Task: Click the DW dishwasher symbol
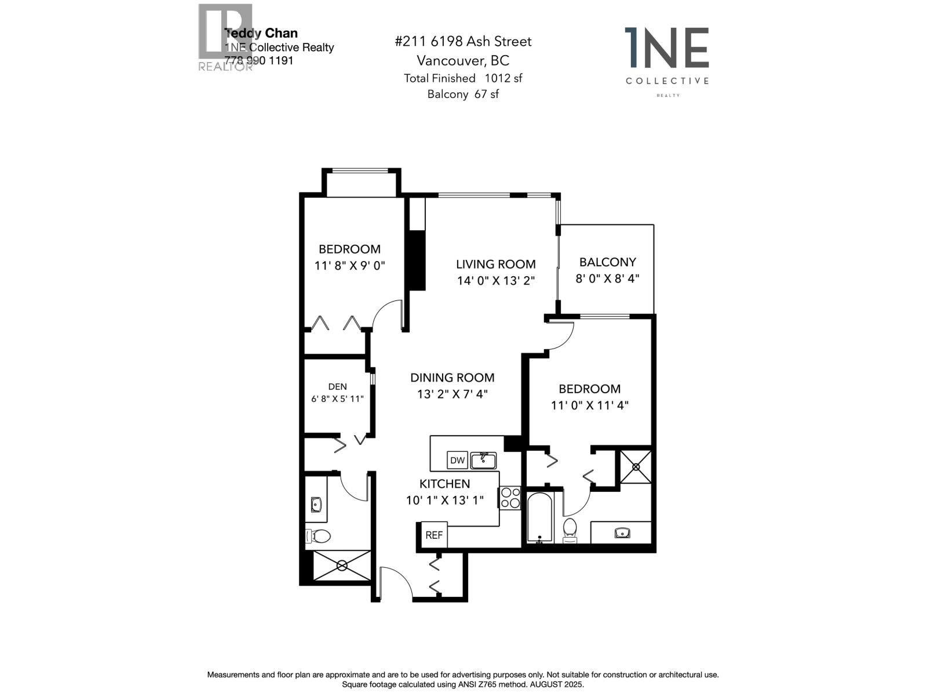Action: (457, 461)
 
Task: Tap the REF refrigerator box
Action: (434, 535)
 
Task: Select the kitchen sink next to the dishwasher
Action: (483, 461)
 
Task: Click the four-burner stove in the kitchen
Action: (510, 498)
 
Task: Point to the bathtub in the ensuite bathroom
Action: (539, 517)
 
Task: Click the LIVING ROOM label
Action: (495, 264)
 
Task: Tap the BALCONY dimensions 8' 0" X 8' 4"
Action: (607, 278)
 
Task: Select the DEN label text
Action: (337, 387)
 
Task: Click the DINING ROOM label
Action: (452, 378)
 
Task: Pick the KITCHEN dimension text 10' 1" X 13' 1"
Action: (444, 500)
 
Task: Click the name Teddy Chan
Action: (261, 34)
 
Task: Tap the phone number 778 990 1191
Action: (259, 60)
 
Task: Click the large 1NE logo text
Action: (667, 48)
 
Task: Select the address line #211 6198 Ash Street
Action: (462, 42)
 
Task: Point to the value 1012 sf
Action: (503, 78)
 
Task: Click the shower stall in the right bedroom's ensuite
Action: (636, 466)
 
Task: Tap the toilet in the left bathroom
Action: (317, 536)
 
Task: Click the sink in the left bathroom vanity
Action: (316, 503)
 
